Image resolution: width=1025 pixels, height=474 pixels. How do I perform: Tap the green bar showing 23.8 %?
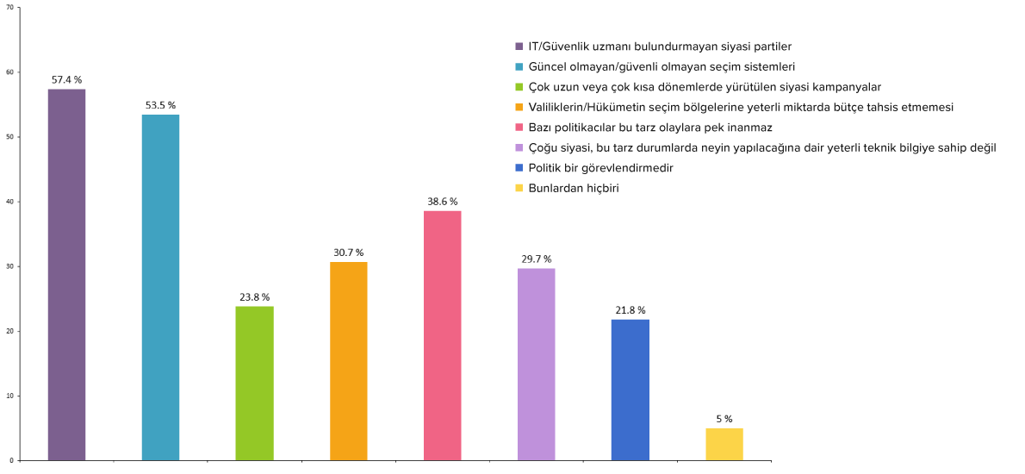pos(254,383)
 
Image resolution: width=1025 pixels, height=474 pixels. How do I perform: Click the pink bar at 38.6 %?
pos(442,335)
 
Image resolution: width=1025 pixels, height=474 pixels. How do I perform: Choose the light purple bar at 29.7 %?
pos(536,364)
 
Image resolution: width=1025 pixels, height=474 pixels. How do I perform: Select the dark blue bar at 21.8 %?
pos(630,390)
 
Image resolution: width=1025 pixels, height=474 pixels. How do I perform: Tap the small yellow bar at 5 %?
pos(724,444)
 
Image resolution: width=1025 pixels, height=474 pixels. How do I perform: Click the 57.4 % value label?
pos(66,79)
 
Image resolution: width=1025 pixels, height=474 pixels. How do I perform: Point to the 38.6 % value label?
pos(442,202)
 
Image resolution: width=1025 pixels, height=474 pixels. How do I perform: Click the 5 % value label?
pos(724,419)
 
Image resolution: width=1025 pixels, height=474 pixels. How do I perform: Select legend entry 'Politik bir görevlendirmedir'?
pos(600,168)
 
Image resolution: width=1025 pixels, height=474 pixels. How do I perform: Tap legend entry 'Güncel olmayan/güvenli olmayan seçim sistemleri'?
pos(661,66)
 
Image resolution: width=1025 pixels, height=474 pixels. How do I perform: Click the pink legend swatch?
pos(519,128)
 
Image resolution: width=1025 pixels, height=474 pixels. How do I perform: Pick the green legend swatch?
pos(519,87)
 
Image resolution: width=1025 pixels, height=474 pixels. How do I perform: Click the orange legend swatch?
pos(519,107)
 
